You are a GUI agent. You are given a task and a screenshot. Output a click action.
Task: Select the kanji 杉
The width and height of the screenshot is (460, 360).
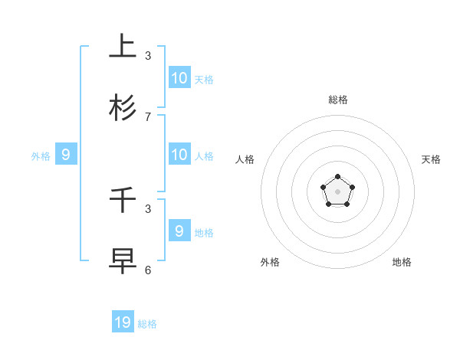123,108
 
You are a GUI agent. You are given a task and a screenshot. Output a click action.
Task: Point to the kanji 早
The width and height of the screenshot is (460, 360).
123,261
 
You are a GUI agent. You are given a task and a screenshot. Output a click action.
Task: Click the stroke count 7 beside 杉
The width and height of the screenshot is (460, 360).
148,116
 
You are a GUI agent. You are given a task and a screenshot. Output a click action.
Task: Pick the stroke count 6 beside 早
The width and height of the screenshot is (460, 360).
148,270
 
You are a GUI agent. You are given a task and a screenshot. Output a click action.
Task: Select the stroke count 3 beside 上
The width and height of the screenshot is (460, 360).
148,55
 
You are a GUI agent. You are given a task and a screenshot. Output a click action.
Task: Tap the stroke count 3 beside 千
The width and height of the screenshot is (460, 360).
148,208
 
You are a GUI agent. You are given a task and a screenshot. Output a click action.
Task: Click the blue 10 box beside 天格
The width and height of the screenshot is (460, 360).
179,77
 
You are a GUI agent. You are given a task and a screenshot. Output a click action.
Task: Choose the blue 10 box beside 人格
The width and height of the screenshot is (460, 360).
179,154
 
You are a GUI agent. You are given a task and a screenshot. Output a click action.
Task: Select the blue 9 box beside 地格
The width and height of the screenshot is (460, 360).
179,231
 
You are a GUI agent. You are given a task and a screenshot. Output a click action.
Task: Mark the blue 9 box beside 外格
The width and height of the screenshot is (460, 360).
66,154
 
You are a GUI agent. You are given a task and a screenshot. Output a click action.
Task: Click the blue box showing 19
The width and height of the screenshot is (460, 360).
123,322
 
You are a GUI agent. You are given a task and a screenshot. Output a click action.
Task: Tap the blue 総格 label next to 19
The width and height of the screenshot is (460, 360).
148,324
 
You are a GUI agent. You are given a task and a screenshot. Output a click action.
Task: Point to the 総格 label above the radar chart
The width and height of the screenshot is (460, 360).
338,100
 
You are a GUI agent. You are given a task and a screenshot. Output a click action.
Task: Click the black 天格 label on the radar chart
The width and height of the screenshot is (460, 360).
431,159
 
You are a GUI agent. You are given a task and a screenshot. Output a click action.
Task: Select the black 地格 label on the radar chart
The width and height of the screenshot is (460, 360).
402,262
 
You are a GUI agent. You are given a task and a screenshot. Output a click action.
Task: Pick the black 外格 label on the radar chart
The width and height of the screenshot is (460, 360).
270,262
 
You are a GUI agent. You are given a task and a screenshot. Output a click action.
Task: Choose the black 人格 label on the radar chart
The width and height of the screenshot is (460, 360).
245,159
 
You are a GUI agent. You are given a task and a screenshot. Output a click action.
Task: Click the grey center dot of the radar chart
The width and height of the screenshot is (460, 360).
337,191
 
